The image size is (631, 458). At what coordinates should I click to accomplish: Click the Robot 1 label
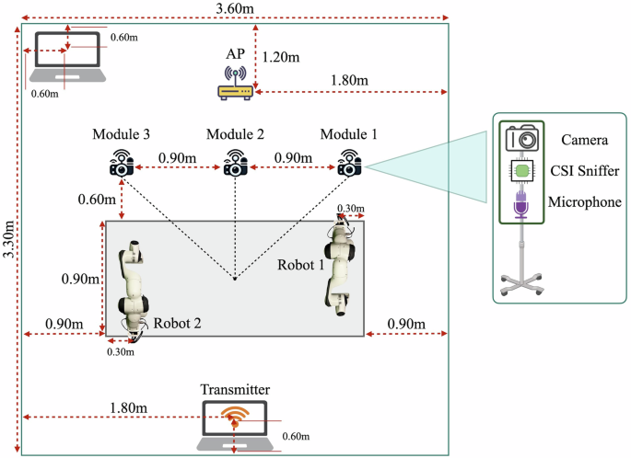pyautogui.click(x=300, y=264)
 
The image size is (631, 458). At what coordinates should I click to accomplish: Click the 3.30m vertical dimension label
pyautogui.click(x=8, y=241)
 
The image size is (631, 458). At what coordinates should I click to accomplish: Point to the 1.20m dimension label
pyautogui.click(x=280, y=56)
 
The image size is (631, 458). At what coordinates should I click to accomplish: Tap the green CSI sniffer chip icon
pyautogui.click(x=521, y=170)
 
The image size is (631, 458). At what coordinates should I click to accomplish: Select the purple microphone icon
pyautogui.click(x=521, y=203)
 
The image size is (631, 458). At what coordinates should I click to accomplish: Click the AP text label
pyautogui.click(x=236, y=53)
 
